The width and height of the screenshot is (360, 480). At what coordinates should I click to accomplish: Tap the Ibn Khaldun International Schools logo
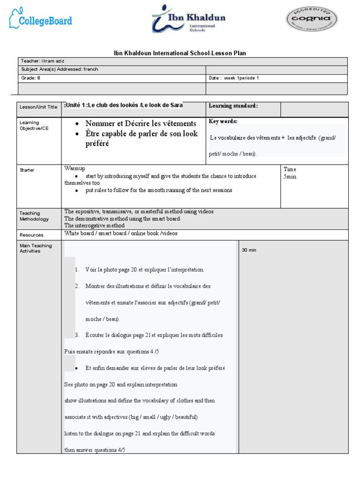point(188,19)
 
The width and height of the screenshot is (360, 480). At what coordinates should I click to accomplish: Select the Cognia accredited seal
point(311,19)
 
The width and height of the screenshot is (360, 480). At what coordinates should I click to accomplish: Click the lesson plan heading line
point(180,53)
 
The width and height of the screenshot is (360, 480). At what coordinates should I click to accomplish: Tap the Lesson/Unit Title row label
point(38,107)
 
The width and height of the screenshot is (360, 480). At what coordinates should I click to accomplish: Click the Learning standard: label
point(233,106)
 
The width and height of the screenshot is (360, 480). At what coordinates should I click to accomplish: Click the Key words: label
point(223,121)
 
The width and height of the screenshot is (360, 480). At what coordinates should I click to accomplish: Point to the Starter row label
point(27,170)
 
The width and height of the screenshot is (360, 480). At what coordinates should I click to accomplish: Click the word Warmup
point(75,168)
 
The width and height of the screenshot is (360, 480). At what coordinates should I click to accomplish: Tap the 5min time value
point(290,177)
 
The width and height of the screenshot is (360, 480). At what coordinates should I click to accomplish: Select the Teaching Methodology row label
point(34,216)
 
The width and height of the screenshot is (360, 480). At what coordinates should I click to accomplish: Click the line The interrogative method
point(94,225)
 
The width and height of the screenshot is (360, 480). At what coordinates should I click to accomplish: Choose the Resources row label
point(31,235)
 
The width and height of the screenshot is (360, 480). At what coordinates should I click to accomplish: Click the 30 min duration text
point(249,250)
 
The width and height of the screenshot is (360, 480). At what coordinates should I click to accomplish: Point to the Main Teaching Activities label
point(36,248)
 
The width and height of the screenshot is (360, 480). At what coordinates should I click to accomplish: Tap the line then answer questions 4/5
point(95,450)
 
